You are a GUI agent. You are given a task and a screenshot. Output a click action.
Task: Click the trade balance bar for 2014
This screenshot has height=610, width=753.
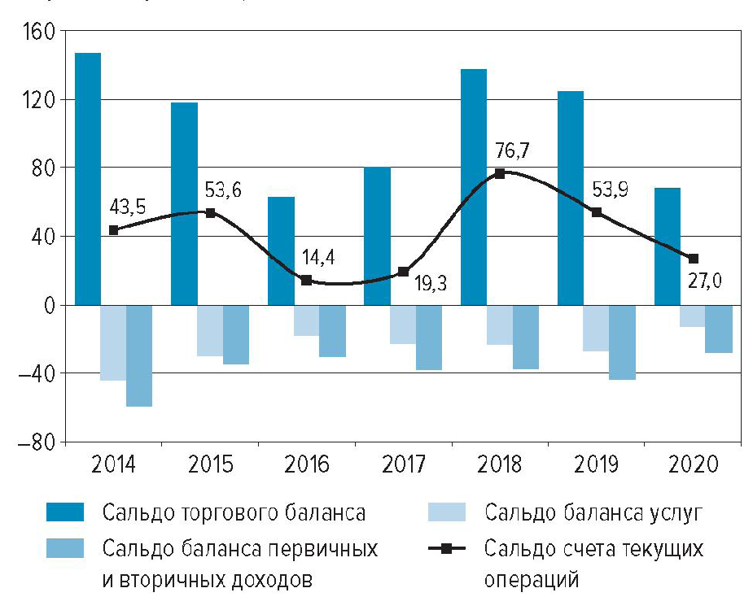88,179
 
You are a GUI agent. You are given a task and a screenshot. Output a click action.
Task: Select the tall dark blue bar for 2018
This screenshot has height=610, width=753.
474,187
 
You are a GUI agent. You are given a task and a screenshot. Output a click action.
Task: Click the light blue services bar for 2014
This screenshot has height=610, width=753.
113,342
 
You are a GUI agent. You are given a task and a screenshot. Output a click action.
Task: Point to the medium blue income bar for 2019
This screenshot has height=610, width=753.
622,342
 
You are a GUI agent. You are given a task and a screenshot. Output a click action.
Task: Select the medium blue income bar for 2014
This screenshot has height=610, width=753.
139,355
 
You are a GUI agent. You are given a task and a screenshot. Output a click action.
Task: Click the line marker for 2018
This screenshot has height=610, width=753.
500,173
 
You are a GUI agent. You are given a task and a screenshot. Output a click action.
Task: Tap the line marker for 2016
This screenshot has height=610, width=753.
306,280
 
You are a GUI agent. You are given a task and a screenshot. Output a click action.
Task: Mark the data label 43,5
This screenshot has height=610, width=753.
126,208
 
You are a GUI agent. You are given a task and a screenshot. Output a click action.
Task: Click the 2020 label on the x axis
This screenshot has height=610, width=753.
693,464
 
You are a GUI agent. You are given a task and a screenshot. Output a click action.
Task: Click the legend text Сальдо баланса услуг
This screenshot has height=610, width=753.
592,513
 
